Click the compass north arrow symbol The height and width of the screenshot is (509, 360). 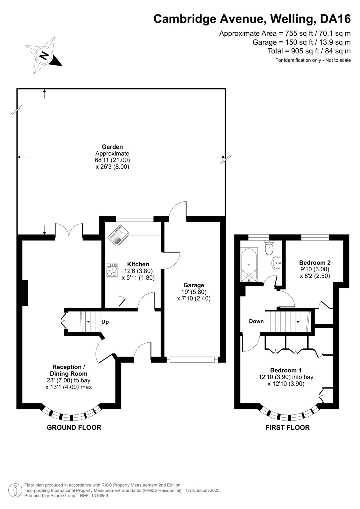pos(44,55)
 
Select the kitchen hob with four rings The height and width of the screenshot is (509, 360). pos(112,270)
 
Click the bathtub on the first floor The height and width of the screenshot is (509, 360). pos(249,265)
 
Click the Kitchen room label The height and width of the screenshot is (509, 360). pos(138,264)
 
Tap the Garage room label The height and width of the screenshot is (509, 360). pos(194,285)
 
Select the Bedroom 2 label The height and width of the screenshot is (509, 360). pos(315,262)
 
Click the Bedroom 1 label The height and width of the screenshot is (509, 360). pos(286,370)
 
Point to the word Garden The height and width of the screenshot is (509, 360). pos(112,147)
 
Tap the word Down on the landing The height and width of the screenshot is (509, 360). pos(256,321)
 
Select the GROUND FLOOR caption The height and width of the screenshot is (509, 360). pos(74,428)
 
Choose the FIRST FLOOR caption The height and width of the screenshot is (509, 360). pos(287,428)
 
